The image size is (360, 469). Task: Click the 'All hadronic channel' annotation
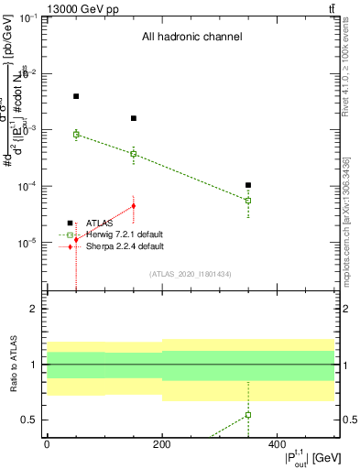[x=191, y=38]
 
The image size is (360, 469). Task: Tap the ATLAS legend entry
[x=101, y=223]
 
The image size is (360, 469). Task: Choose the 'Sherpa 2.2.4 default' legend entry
[x=125, y=246]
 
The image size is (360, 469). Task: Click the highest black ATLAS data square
[x=76, y=96]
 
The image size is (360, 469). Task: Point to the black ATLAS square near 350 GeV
[x=248, y=185]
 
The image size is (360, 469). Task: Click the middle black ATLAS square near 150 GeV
[x=134, y=118]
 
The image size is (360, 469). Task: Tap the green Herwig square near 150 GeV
[x=134, y=154]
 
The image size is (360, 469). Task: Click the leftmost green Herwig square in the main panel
[x=76, y=134]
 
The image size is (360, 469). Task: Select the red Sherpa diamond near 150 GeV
[x=134, y=206]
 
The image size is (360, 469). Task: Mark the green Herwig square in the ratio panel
[x=248, y=415]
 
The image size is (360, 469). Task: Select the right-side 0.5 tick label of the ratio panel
[x=348, y=420]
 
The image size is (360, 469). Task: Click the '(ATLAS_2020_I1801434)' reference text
[x=190, y=274]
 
